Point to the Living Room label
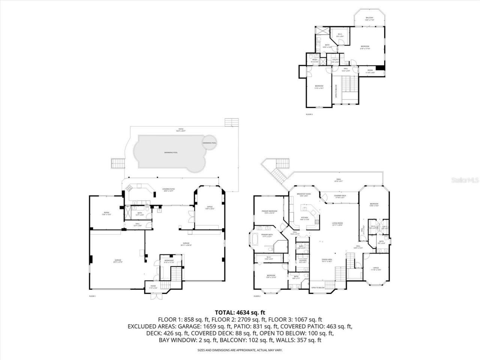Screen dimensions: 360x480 pos(337,224)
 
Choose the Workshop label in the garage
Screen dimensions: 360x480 pos(169,261)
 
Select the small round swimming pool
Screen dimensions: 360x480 pos(209,143)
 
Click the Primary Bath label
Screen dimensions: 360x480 pos(267,235)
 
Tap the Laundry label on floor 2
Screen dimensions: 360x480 pos(303,261)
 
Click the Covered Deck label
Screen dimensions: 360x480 pos(330,196)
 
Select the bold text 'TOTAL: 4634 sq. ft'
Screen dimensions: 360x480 pos(240,312)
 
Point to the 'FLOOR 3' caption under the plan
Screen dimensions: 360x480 pos(309,114)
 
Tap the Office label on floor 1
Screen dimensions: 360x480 pos(210,207)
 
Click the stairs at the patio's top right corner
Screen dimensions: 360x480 pos(231,123)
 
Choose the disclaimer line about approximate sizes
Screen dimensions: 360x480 pos(240,350)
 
